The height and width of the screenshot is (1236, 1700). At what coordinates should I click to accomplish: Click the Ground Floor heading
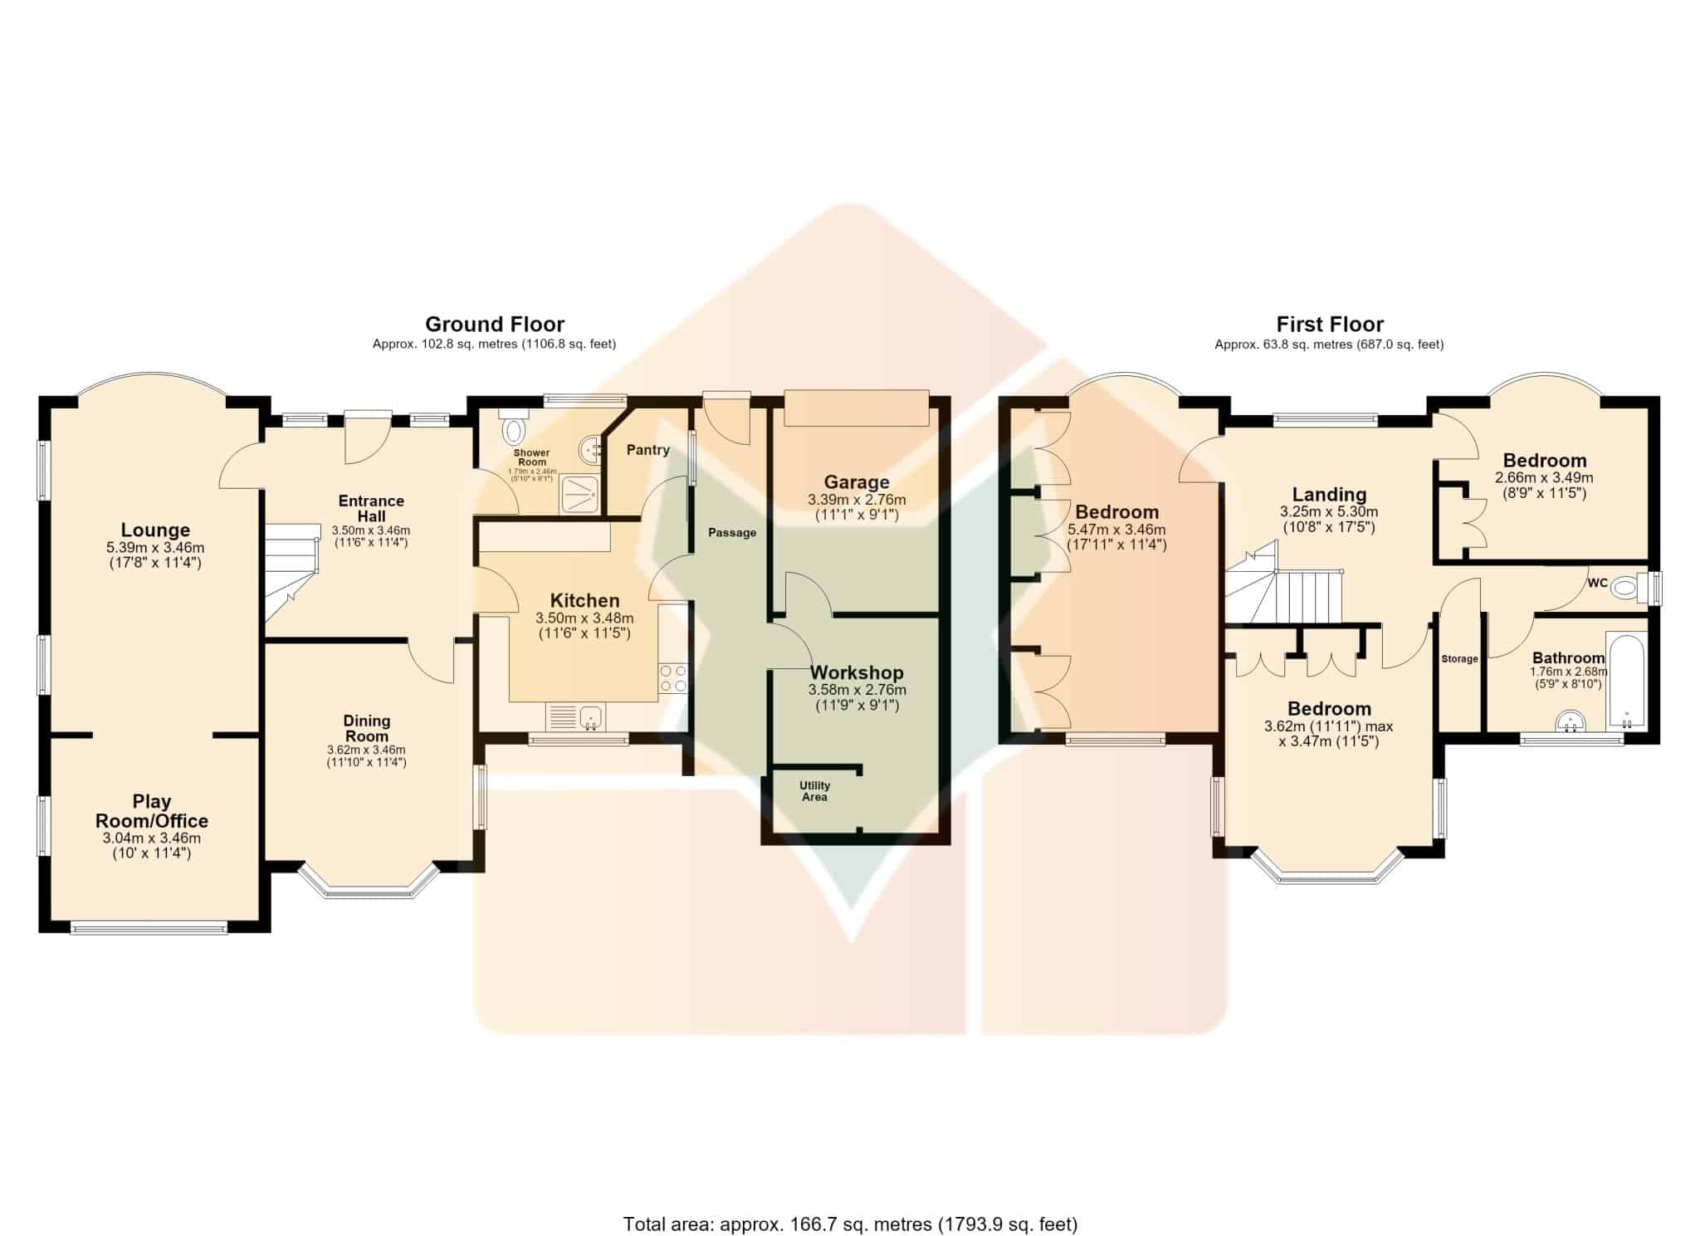click(x=495, y=324)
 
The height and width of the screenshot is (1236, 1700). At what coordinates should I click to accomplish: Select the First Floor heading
click(x=1330, y=324)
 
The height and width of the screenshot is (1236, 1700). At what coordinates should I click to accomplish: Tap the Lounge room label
click(x=155, y=530)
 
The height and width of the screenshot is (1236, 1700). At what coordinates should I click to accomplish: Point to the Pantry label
click(x=647, y=450)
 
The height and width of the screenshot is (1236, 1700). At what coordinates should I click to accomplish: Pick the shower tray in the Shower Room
click(x=580, y=494)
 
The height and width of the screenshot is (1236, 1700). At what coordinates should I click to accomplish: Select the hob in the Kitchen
click(x=672, y=678)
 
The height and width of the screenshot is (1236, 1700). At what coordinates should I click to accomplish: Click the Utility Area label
click(x=814, y=791)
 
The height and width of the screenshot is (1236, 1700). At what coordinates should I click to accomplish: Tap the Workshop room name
click(x=857, y=672)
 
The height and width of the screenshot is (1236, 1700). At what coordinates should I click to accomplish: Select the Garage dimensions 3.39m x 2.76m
click(x=857, y=500)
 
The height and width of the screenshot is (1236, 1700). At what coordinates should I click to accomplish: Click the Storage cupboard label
click(x=1459, y=659)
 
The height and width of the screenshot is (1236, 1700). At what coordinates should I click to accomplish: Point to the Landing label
click(x=1329, y=495)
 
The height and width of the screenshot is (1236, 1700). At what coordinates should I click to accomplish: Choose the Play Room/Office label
click(x=152, y=811)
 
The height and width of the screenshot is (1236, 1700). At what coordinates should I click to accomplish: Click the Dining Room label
click(x=366, y=728)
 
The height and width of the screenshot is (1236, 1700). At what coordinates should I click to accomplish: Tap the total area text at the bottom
click(x=850, y=1200)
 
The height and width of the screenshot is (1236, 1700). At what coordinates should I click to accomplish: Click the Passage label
click(x=732, y=533)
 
